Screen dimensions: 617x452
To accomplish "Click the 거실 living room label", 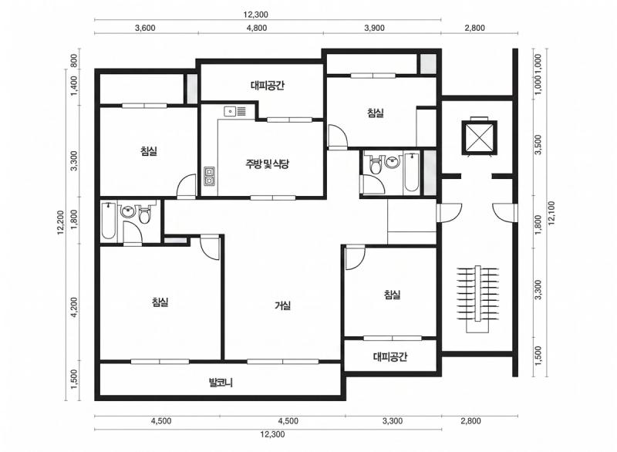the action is coord(283,305).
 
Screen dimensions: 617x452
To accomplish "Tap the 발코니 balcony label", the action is coord(221,382).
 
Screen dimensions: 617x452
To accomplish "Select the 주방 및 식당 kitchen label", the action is coord(267,164).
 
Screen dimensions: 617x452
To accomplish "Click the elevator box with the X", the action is coord(479,137).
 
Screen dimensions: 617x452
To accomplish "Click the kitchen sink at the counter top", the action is coord(235,111).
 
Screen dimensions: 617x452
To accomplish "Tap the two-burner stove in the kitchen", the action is coord(209,176).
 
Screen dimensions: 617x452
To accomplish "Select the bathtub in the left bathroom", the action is coord(108,221).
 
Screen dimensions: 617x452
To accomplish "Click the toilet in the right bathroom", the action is coord(376,164).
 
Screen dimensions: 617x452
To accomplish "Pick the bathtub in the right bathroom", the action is coord(412,172).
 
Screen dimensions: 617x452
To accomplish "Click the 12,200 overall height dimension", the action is coord(61,222).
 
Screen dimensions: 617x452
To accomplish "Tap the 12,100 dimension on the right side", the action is coord(551,213).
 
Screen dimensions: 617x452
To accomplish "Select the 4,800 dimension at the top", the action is coord(257,28).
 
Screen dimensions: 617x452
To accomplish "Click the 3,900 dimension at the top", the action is coord(374,28).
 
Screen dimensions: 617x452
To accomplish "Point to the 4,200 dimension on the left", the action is coord(74,306).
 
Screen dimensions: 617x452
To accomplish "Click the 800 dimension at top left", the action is coord(74,61).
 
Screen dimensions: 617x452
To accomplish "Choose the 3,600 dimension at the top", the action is coord(145,28).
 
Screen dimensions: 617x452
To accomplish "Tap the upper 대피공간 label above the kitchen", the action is coord(267,86).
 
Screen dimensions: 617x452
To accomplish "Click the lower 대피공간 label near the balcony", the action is coord(390,357).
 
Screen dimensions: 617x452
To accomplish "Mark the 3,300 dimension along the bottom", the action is coord(393,421).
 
